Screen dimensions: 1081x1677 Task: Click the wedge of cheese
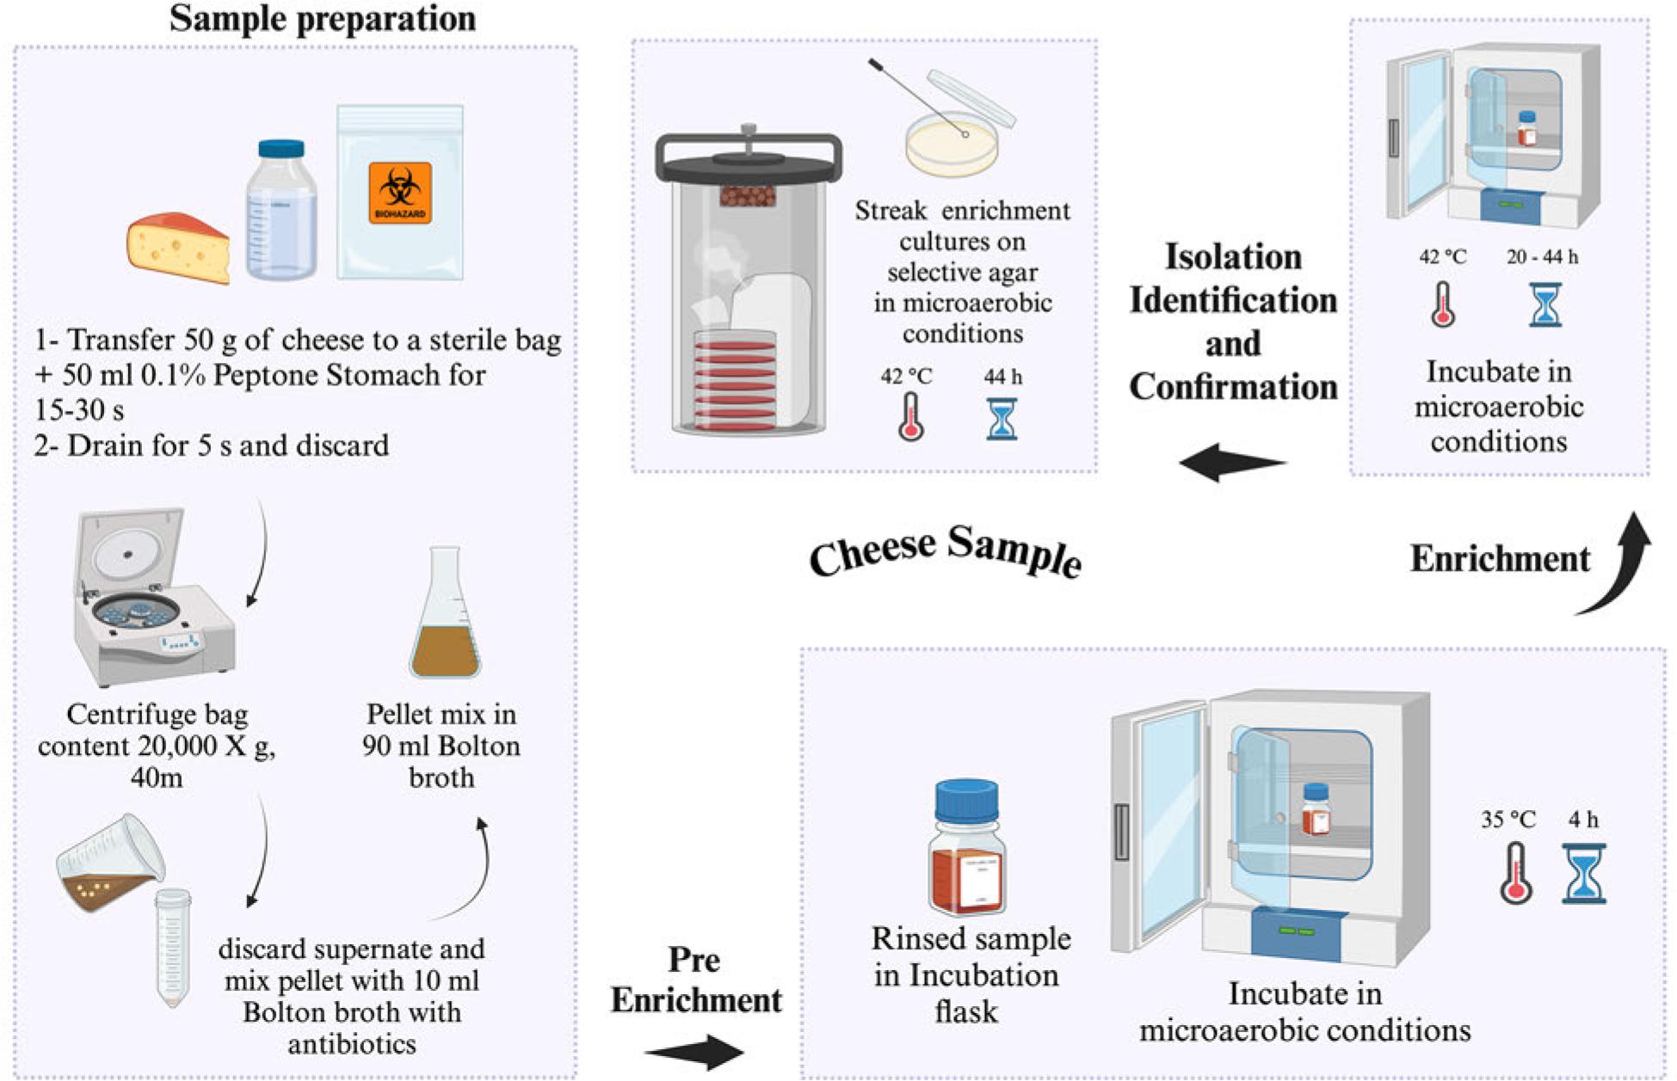179,247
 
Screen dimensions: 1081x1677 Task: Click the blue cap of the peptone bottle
281,149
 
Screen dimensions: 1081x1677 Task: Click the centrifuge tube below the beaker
172,947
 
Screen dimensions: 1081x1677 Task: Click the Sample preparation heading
322,19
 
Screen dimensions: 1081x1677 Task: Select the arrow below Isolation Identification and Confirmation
1232,463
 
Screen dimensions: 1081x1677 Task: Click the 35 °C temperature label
1507,820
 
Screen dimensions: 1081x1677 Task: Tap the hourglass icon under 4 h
1584,873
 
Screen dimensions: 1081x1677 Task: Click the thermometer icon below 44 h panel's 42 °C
910,417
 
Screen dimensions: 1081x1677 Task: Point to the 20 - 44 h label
1542,256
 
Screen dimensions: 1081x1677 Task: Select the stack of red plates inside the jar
737,379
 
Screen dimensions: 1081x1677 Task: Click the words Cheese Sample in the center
945,550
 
